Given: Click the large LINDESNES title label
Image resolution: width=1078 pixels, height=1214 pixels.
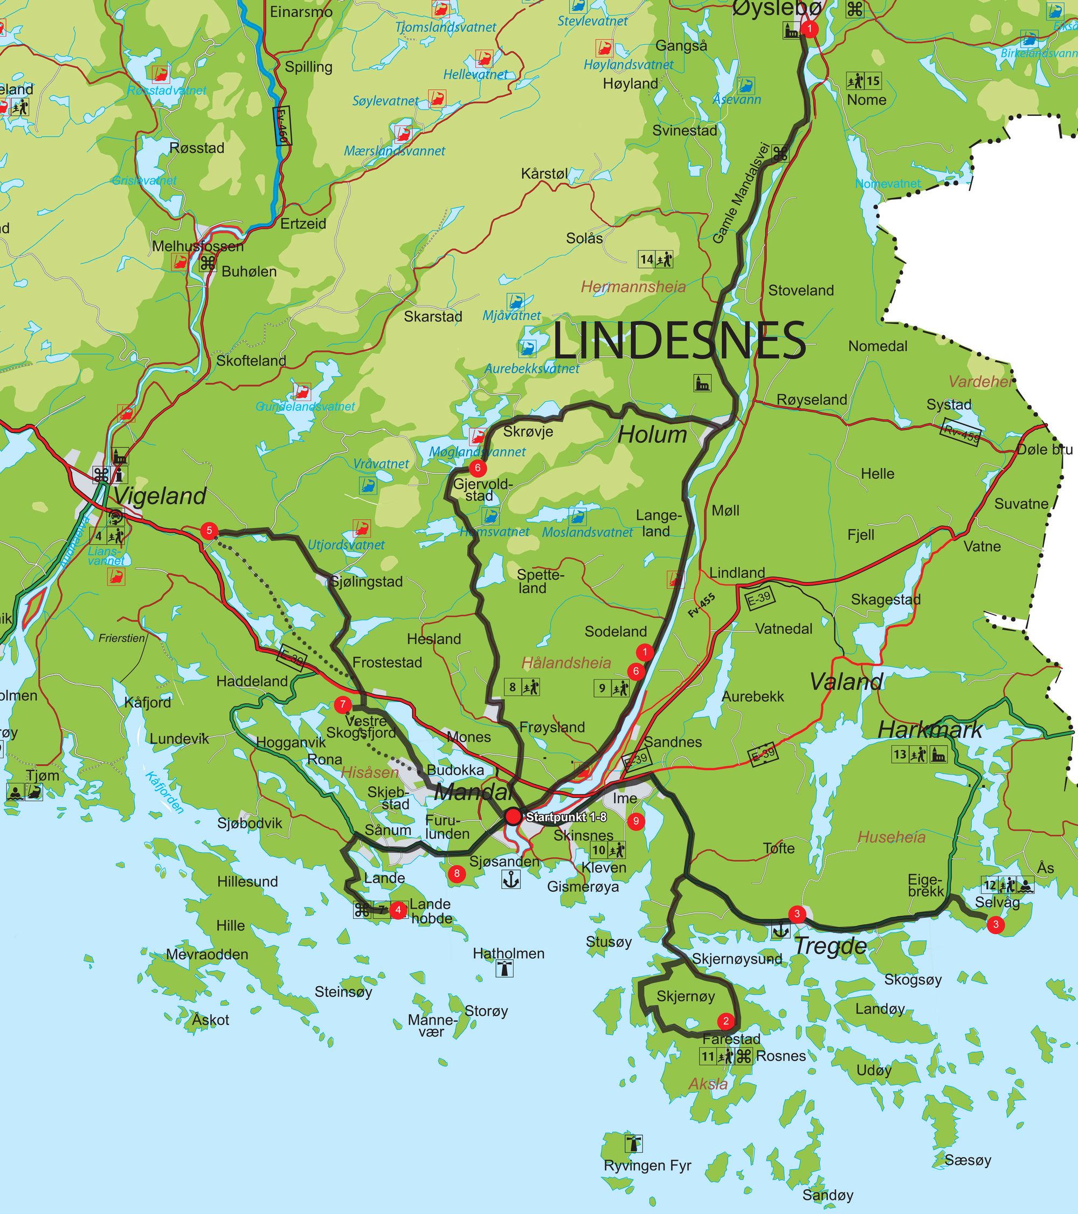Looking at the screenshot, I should tap(679, 340).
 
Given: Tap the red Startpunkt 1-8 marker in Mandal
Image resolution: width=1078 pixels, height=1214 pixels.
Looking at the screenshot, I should tap(514, 817).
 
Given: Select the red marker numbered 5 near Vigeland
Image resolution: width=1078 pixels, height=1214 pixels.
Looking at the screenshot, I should tap(209, 531).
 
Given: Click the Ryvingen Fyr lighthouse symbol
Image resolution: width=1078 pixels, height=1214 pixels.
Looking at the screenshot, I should tap(634, 1143).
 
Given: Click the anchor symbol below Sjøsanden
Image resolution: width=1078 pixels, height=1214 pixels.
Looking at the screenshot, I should tap(511, 880).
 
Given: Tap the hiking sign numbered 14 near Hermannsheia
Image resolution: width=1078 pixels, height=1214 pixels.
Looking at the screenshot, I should tap(655, 259).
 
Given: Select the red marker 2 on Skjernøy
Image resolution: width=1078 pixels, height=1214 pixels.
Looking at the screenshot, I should tap(725, 1021).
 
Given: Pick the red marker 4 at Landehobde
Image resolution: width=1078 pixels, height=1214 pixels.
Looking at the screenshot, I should tap(398, 909).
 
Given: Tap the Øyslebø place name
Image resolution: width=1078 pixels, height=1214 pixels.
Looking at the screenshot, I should tap(777, 9).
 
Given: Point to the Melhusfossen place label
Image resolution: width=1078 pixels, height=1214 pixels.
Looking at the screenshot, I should tap(198, 246).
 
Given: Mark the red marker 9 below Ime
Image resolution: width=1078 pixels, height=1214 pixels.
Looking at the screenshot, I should tap(636, 821).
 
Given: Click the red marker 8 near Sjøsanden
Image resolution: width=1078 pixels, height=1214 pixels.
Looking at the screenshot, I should tap(457, 873).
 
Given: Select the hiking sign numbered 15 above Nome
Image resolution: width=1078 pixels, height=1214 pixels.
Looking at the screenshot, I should tap(863, 81).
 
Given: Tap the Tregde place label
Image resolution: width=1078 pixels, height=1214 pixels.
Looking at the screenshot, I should tap(830, 946).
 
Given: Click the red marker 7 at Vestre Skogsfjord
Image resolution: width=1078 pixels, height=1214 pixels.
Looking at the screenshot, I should tap(342, 704).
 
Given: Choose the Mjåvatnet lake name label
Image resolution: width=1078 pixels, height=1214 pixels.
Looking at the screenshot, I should tap(512, 316).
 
